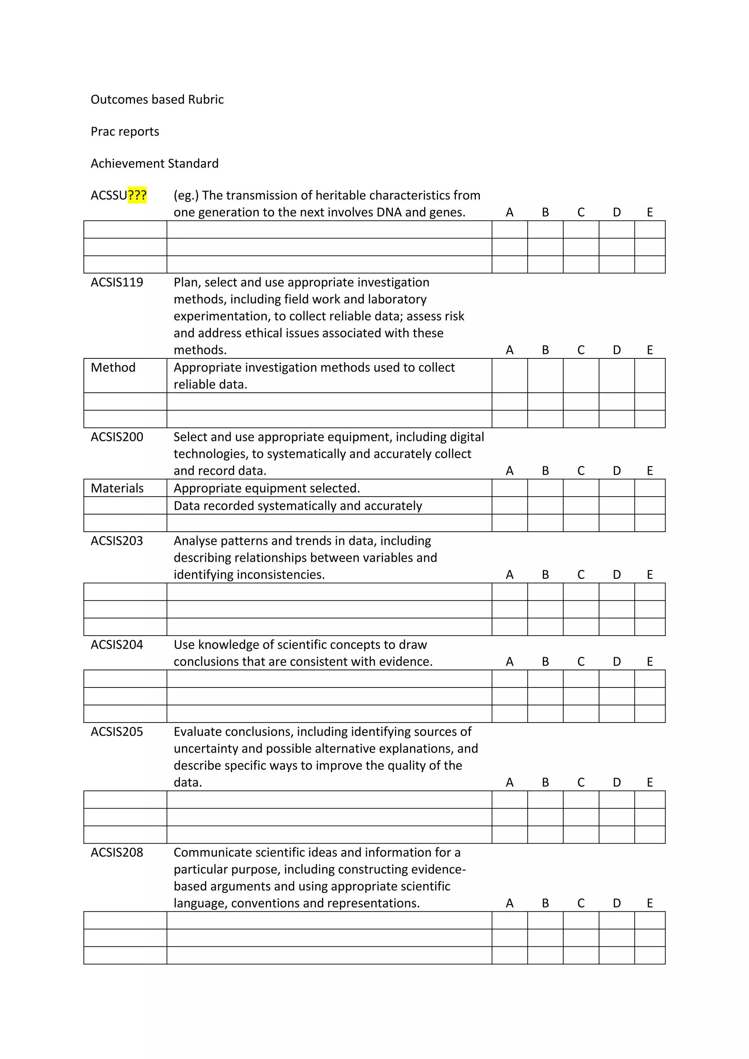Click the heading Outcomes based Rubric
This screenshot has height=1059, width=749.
point(157,99)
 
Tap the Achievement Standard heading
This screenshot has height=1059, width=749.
point(154,163)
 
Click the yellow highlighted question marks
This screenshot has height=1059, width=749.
point(137,196)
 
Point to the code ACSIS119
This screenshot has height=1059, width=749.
point(117,282)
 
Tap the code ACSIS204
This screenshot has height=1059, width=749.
point(117,644)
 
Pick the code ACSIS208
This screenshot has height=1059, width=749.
point(117,852)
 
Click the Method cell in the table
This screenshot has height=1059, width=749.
point(113,368)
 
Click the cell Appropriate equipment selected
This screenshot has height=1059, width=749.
point(267,489)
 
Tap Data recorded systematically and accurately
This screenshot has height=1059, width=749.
point(297,506)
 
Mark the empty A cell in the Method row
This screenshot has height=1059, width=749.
point(509,376)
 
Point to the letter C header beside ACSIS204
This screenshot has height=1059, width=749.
point(581,662)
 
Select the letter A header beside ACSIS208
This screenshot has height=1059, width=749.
point(509,903)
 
